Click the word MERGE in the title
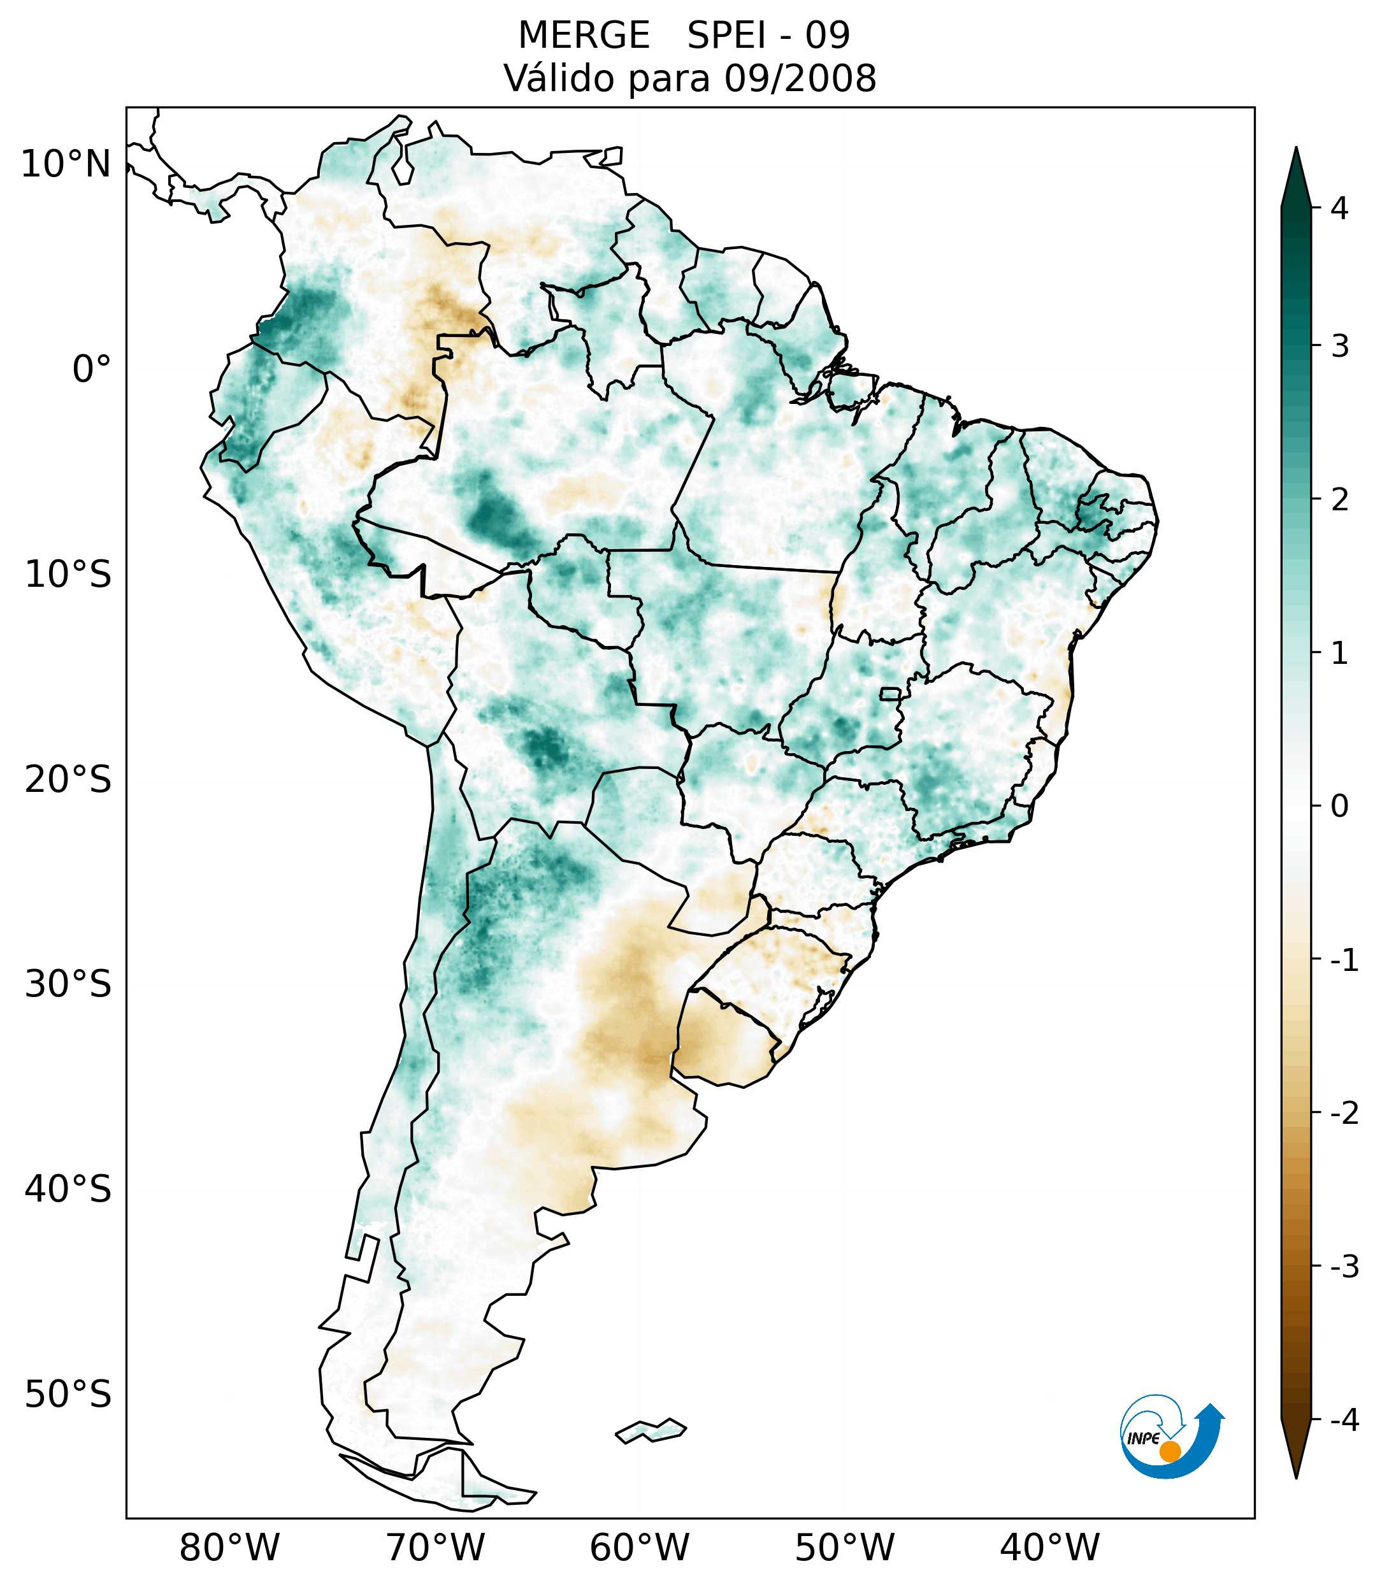click(x=584, y=36)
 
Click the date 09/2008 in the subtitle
click(x=800, y=78)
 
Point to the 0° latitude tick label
click(x=92, y=370)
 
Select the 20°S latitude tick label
click(x=68, y=780)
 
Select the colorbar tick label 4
click(x=1339, y=208)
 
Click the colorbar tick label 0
click(x=1339, y=807)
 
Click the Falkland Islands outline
click(x=651, y=1430)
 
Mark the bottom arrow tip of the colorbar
click(x=1295, y=1476)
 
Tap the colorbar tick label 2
click(x=1339, y=500)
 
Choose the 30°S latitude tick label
click(x=68, y=984)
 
